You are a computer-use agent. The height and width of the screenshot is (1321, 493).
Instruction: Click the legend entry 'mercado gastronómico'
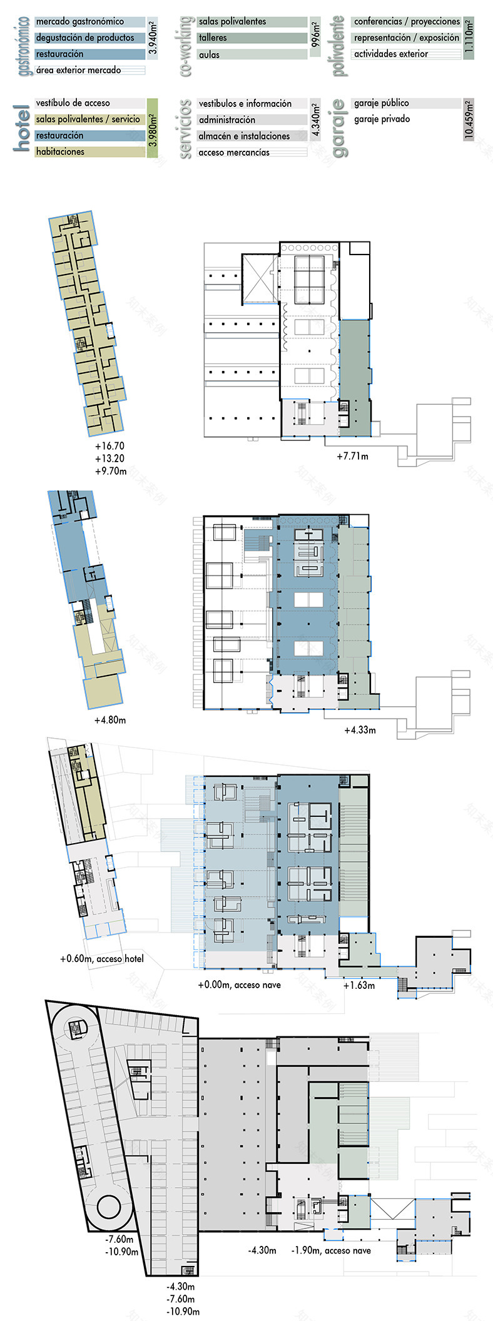tap(79, 22)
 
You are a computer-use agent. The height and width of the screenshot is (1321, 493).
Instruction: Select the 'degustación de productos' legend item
tap(84, 38)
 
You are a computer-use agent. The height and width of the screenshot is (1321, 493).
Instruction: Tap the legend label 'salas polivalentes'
tap(232, 22)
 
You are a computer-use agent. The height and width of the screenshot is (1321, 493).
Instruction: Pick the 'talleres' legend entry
tap(213, 38)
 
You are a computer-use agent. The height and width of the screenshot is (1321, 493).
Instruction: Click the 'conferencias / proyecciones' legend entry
tap(407, 22)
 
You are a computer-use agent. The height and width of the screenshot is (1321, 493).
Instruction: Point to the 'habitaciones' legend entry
tap(60, 152)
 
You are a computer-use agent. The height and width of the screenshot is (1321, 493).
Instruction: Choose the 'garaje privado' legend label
tap(382, 119)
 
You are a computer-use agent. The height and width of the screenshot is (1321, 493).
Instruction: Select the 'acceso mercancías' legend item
tap(234, 153)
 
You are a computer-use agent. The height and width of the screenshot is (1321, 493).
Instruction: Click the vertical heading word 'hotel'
tap(22, 129)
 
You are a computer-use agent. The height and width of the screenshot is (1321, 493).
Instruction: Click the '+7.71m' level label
tap(352, 457)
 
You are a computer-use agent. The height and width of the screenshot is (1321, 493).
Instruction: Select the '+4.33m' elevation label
tap(360, 730)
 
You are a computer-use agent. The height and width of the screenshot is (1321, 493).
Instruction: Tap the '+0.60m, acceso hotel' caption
tap(101, 959)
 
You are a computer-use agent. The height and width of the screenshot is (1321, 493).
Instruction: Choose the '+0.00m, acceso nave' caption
tap(239, 985)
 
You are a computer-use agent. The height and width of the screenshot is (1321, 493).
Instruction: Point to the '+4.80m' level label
tap(110, 720)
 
